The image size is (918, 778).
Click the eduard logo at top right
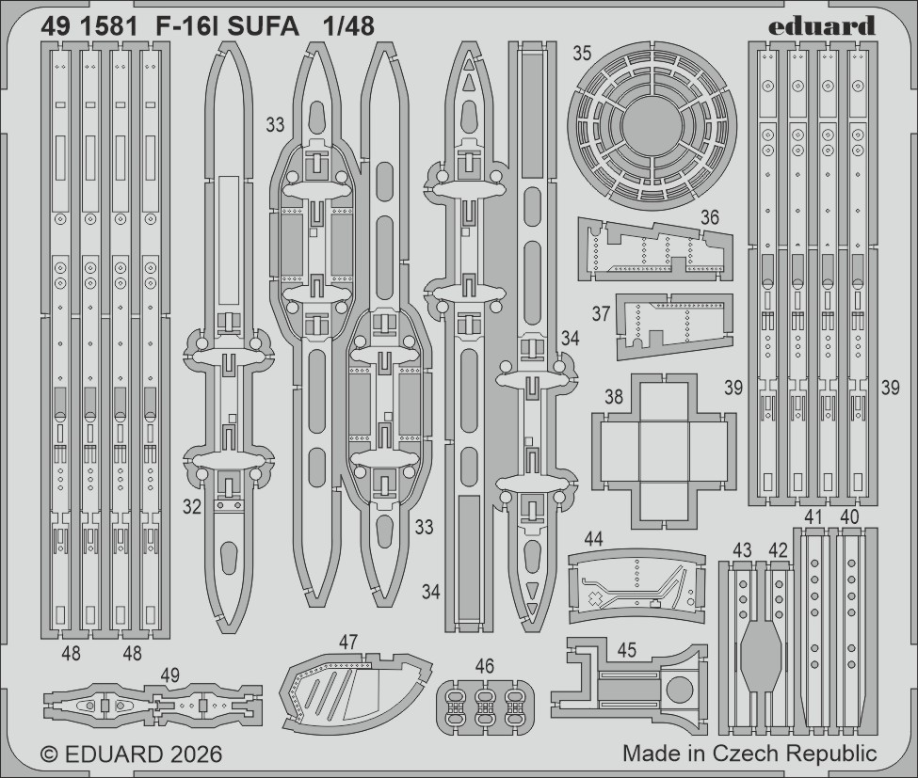821,25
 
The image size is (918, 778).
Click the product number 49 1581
89,26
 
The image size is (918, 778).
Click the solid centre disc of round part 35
650,125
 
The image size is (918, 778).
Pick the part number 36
710,216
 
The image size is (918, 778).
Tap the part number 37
602,313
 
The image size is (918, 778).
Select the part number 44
593,539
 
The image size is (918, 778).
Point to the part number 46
485,666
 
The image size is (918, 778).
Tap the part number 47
349,642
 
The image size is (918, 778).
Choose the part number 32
192,506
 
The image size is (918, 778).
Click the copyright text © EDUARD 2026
132,754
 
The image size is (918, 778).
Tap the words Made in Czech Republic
749,754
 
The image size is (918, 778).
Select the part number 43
743,549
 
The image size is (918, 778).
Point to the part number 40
848,516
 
